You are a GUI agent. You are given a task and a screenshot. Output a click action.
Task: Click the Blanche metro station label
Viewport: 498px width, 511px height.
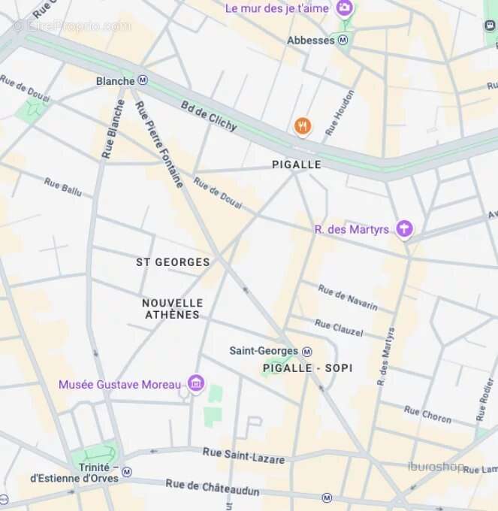[x=116, y=80]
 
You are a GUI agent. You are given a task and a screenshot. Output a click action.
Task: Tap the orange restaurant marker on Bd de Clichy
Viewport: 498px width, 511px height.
[x=303, y=126]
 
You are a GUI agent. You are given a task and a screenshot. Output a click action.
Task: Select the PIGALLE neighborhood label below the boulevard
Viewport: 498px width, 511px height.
[x=296, y=165]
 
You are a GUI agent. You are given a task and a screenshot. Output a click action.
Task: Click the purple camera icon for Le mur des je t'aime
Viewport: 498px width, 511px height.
[x=345, y=8]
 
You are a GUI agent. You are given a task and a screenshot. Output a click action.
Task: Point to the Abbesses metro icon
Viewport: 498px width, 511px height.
[x=343, y=40]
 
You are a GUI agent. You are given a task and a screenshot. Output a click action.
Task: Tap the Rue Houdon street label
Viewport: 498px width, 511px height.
[x=339, y=112]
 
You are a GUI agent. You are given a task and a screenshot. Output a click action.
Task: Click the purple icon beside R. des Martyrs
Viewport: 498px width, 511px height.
[x=405, y=228]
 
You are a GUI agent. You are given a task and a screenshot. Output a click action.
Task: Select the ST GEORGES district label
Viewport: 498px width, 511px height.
[x=173, y=262]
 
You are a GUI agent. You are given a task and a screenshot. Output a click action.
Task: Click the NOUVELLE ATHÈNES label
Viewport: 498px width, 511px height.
[x=173, y=308]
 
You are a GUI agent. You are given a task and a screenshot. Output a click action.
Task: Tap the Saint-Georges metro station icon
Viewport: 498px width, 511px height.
[x=306, y=351]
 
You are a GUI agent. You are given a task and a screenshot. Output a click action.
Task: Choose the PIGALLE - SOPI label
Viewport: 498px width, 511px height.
[x=308, y=368]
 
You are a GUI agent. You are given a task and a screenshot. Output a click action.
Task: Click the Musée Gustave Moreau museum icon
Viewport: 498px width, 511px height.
[x=196, y=384]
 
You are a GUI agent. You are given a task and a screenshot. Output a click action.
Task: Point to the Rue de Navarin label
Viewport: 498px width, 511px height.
[x=347, y=298]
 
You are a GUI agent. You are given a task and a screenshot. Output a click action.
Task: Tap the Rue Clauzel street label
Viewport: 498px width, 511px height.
[x=338, y=328]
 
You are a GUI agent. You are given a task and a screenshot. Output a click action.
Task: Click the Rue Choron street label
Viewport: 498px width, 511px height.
[x=427, y=414]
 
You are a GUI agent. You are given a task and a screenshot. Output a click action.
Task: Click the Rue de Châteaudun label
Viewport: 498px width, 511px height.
[x=213, y=488]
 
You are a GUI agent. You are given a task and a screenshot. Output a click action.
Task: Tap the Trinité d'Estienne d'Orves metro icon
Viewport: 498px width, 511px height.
[x=127, y=472]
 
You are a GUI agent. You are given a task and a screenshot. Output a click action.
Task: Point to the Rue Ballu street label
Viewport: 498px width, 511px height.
[x=62, y=186]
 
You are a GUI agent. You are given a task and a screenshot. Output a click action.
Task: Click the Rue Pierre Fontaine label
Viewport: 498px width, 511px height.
[x=159, y=144]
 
